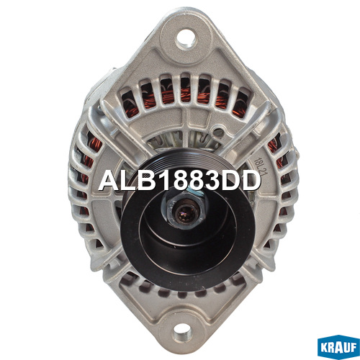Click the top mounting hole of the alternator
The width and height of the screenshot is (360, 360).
point(186,39)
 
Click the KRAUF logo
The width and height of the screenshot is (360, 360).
point(338,347)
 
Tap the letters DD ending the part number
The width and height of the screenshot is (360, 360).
point(236,181)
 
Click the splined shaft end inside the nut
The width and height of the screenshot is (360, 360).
point(184,212)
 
